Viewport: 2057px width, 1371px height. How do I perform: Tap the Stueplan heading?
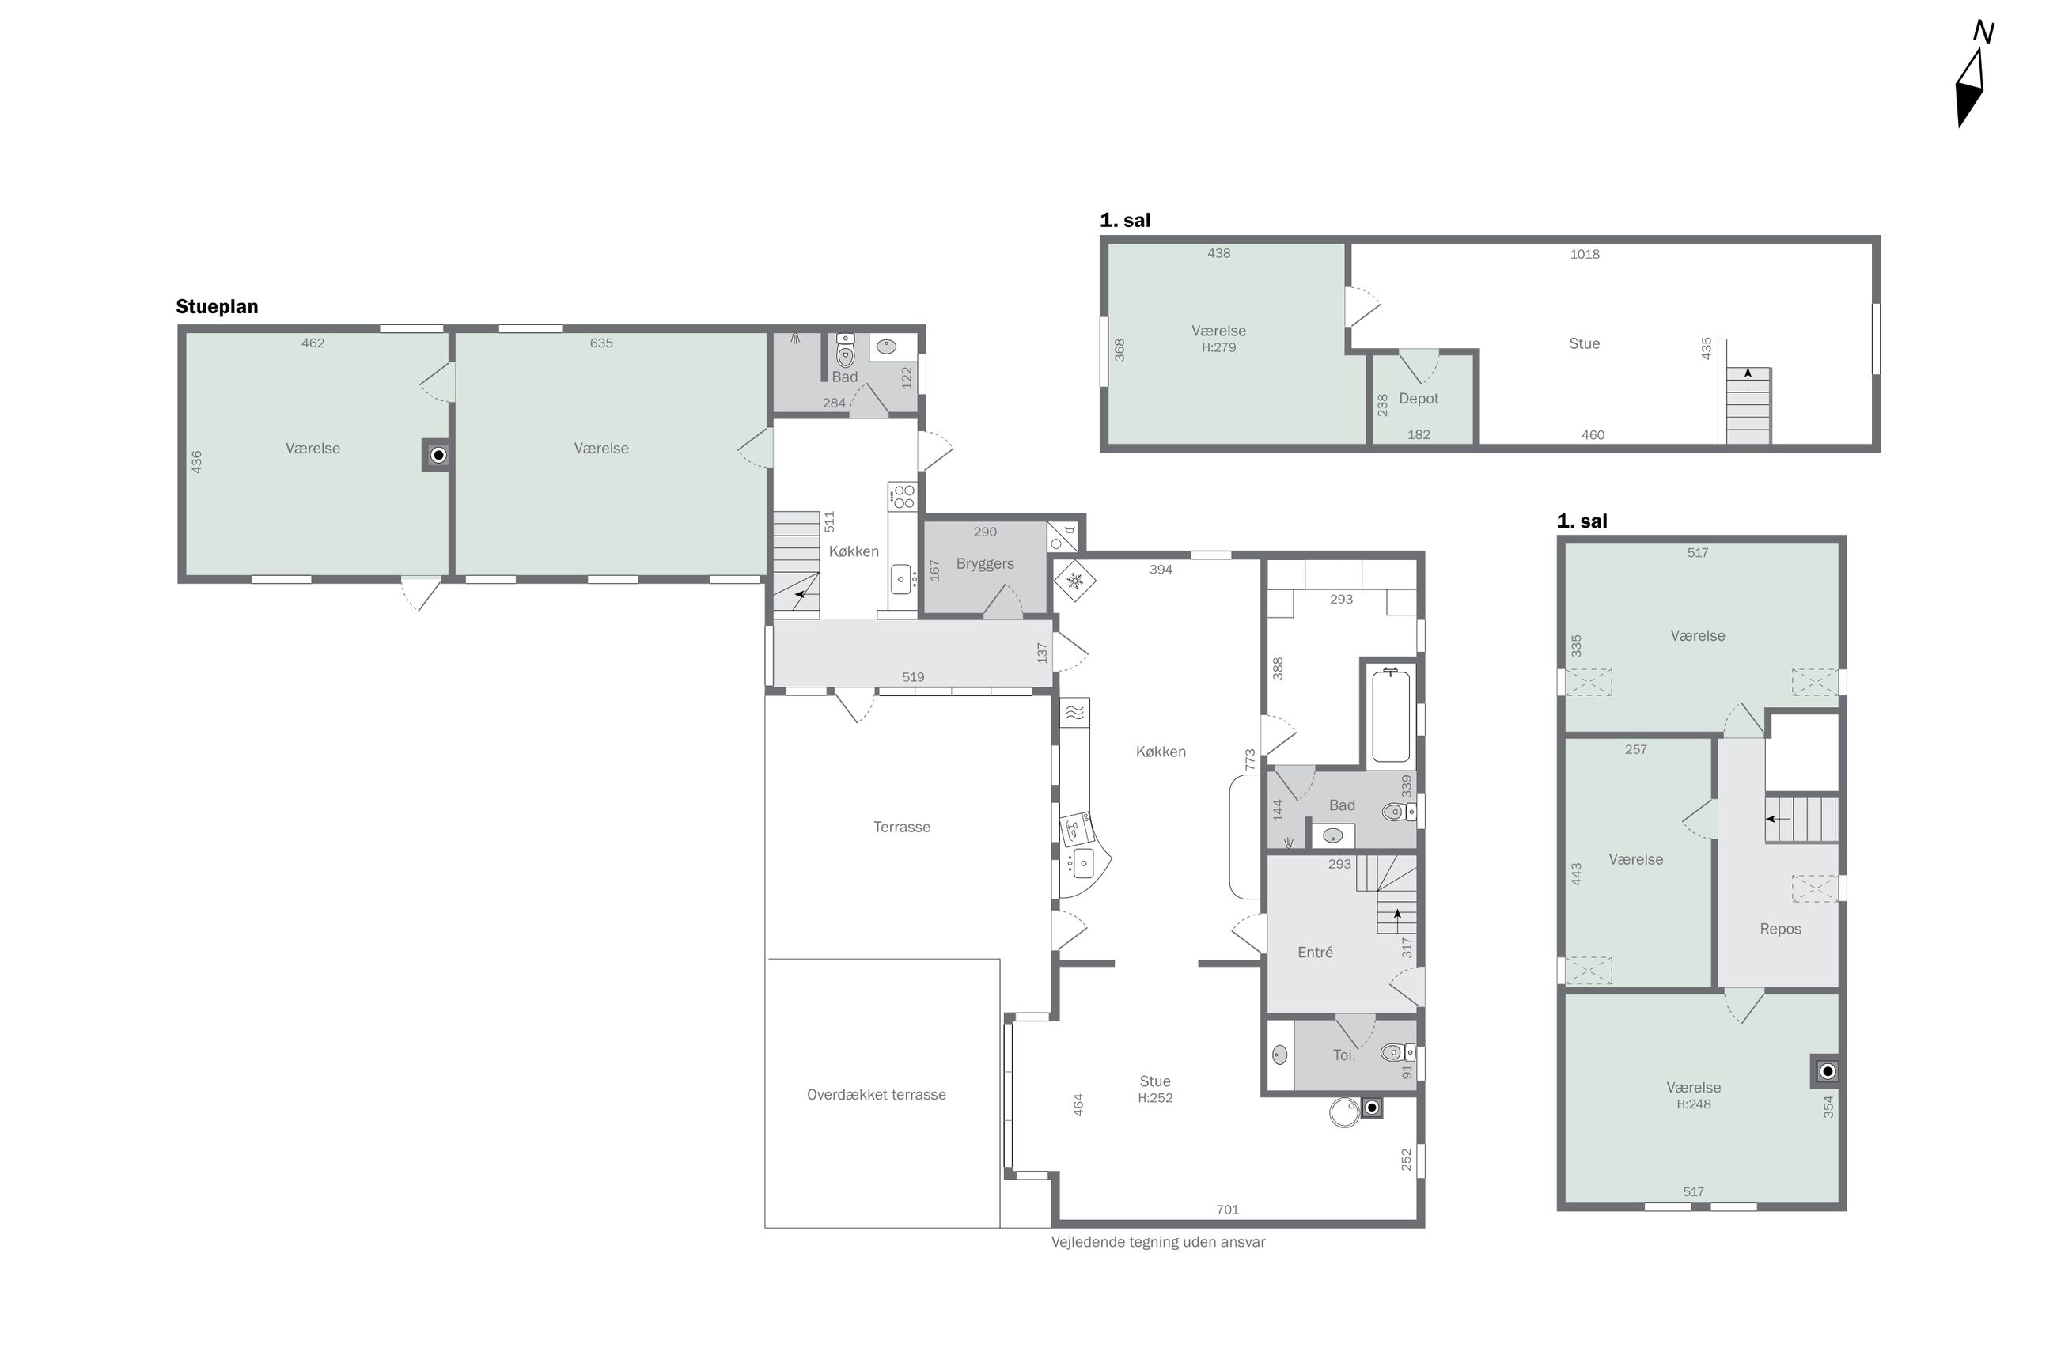point(217,307)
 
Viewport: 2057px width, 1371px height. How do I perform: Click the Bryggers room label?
point(984,564)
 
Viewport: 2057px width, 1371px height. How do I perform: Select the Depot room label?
point(1418,399)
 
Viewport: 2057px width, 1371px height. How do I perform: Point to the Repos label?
point(1780,929)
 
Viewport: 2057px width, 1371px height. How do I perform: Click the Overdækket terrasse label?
point(876,1095)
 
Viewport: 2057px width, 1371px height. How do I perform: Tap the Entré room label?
point(1315,953)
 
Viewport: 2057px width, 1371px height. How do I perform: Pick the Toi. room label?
point(1343,1055)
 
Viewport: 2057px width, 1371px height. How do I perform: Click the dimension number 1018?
point(1584,255)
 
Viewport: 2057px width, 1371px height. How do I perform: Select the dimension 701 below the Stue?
point(1227,1210)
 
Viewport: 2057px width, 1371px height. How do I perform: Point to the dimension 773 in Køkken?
point(1250,759)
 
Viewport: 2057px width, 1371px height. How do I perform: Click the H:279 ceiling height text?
point(1218,347)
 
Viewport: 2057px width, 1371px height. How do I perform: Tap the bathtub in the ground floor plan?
point(1390,715)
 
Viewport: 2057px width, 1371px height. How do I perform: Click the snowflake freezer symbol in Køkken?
point(1074,581)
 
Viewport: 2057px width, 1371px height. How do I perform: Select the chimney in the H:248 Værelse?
point(1826,1071)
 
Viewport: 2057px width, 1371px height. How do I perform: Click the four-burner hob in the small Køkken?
point(903,497)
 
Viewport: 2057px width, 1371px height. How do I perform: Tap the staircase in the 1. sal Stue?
point(1747,405)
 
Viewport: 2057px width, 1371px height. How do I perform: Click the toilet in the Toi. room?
point(1397,1052)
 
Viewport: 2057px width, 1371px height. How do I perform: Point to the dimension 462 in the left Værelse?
point(313,343)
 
